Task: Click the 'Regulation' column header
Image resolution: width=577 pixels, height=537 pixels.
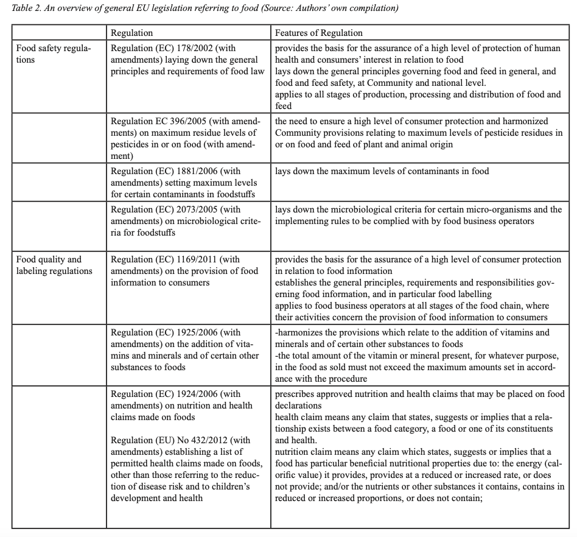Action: pyautogui.click(x=131, y=33)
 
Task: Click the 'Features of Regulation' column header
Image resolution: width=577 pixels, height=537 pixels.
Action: pyautogui.click(x=318, y=33)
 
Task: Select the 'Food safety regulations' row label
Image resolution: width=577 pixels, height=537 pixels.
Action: pyautogui.click(x=54, y=54)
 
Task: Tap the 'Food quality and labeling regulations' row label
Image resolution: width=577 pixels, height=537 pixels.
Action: pyautogui.click(x=54, y=265)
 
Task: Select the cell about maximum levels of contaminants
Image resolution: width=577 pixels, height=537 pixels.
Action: pyautogui.click(x=382, y=172)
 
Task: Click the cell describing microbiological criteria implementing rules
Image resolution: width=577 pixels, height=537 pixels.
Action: pyautogui.click(x=418, y=216)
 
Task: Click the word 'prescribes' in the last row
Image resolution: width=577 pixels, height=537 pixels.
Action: pyautogui.click(x=296, y=394)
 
